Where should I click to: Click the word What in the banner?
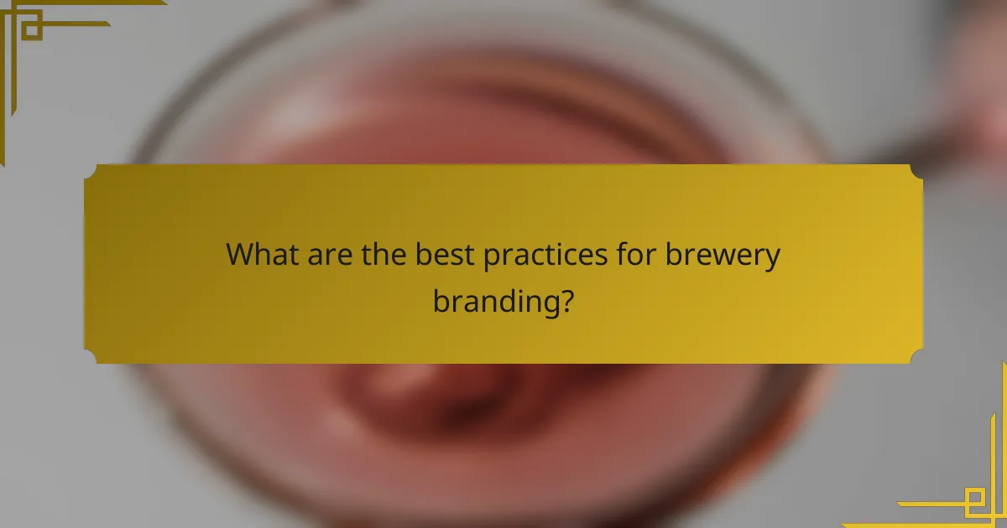tap(262, 254)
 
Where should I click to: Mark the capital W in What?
tap(242, 254)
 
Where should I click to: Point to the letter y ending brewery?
tap(773, 259)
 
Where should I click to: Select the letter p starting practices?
tap(493, 258)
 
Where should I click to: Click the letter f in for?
tap(620, 253)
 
